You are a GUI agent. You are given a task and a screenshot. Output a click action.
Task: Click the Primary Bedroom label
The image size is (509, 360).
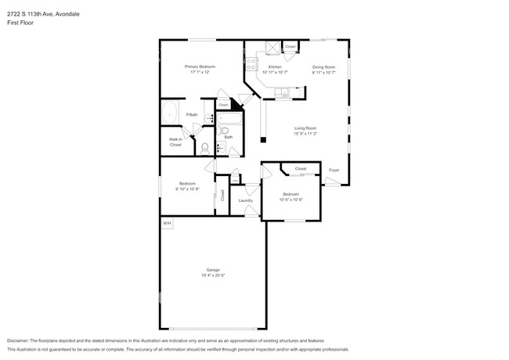tap(200, 67)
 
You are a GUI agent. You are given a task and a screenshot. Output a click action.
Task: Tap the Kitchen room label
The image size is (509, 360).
tap(275, 67)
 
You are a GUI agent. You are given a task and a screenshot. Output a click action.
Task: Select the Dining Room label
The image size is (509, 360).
tap(323, 67)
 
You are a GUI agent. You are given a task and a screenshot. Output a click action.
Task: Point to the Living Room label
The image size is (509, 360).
tap(305, 128)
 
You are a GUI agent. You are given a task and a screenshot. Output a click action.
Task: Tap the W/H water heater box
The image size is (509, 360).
tap(167, 224)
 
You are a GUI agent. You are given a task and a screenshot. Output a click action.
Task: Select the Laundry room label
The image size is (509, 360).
tap(245, 200)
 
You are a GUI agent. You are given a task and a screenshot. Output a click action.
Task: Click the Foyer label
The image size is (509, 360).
tap(334, 170)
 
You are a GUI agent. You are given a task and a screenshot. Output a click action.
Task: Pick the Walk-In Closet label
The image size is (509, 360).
tap(175, 142)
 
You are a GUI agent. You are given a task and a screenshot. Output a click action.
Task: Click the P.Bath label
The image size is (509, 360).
tap(192, 116)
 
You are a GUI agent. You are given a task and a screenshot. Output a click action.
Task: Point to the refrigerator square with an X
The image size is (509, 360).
tap(272, 47)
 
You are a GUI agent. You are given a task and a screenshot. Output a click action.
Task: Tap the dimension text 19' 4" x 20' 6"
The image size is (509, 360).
tap(213, 275)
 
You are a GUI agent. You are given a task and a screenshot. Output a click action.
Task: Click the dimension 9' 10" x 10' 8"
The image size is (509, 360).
tap(188, 189)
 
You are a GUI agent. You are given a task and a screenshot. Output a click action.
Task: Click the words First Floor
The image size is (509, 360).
tap(20, 23)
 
